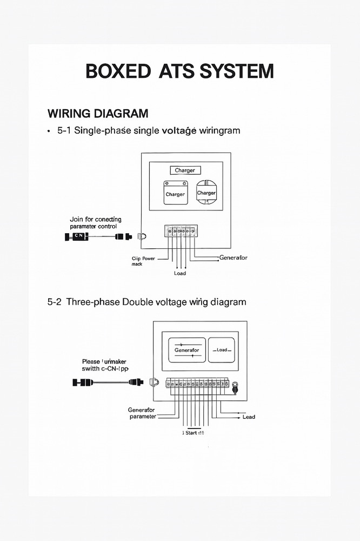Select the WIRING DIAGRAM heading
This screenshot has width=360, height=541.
(97, 114)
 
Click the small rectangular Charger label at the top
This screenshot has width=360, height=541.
(185, 170)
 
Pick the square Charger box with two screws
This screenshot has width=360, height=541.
(175, 193)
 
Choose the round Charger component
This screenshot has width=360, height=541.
(206, 193)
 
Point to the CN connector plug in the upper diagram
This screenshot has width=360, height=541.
(76, 236)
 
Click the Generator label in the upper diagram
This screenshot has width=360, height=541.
(233, 258)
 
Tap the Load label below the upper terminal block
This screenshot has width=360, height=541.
(180, 273)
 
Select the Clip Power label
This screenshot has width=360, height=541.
(143, 259)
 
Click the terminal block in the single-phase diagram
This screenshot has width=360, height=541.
(181, 231)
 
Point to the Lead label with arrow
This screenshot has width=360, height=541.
(249, 417)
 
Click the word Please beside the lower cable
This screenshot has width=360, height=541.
(91, 361)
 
